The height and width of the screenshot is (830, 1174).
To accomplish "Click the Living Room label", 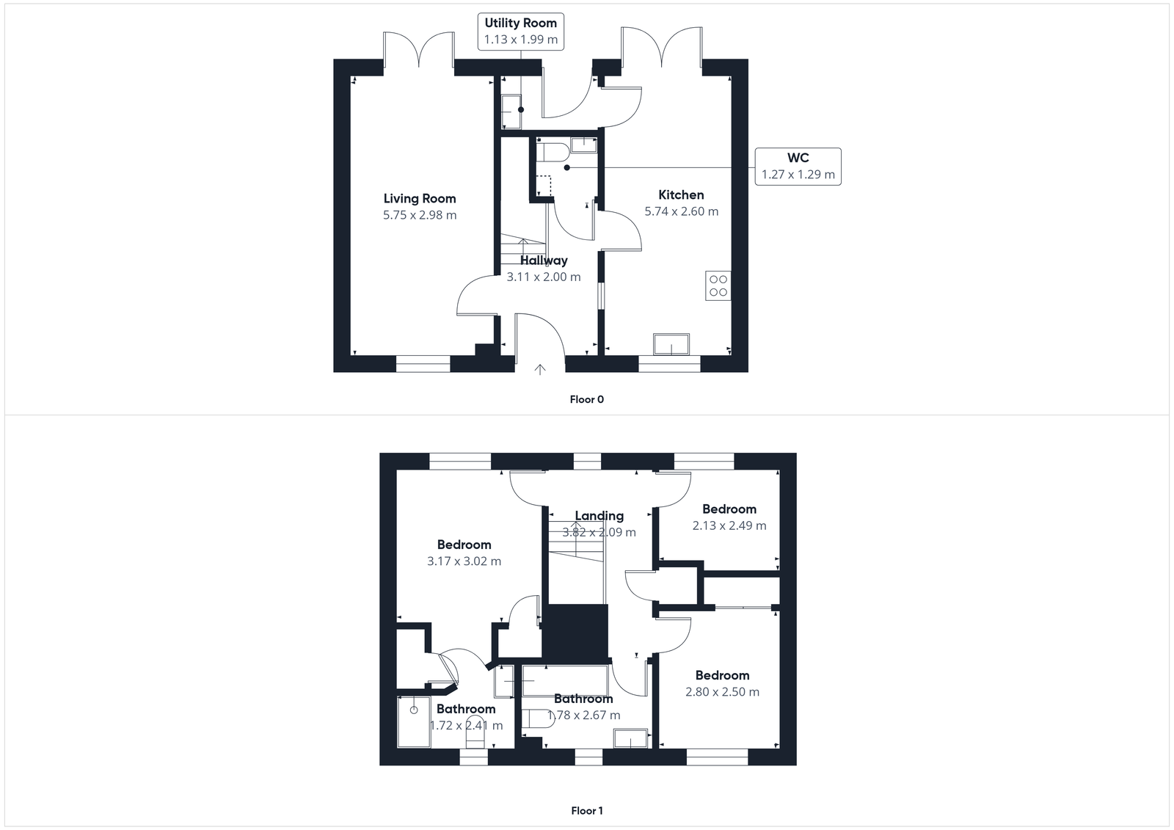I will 420,198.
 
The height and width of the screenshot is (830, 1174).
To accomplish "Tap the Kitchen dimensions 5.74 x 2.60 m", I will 681,211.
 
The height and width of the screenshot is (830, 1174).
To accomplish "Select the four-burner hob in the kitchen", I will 718,285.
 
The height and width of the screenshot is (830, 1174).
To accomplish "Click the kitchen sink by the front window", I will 671,344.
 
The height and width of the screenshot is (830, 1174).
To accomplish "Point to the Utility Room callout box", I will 520,32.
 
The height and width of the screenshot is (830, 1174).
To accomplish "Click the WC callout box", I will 798,166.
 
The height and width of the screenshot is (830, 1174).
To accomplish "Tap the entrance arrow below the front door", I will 540,370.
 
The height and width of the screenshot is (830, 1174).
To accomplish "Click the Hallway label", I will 544,261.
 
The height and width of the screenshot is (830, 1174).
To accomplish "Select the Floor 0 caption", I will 586,400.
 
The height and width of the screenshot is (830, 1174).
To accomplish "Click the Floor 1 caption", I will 586,811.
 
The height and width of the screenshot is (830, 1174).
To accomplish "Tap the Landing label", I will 599,516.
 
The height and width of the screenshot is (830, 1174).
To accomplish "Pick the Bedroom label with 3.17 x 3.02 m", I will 464,545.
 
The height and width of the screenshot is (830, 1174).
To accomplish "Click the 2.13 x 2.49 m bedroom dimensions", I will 729,525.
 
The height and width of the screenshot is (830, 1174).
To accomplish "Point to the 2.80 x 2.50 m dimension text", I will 722,692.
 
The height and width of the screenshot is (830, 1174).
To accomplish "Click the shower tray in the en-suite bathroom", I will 414,721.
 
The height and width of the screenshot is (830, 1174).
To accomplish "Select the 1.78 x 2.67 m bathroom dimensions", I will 583,716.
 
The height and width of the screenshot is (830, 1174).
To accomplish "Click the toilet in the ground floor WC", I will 551,153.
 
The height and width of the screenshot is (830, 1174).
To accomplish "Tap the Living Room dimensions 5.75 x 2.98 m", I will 420,215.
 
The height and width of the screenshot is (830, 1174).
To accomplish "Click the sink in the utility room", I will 511,112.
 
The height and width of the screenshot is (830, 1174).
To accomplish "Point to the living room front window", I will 423,363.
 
